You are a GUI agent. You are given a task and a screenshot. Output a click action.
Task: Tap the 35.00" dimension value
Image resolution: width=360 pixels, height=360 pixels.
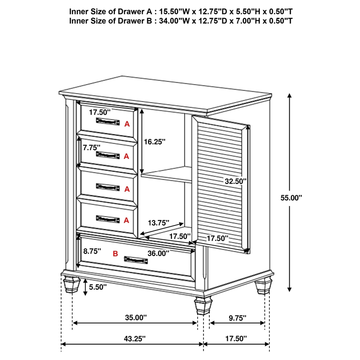136,318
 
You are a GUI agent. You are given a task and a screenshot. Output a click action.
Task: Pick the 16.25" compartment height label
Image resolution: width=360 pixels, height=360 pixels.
155,141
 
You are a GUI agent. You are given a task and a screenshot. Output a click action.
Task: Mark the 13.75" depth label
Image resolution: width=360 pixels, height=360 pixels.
158,222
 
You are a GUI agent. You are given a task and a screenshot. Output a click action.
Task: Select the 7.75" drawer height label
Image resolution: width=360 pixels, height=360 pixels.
91,147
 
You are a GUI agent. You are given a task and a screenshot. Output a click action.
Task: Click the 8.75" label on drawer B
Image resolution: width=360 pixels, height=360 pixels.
91,251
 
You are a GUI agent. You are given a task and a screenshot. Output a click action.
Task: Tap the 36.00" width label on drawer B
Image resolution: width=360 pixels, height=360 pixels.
158,253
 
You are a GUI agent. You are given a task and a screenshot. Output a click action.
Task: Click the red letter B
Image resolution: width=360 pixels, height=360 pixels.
115,254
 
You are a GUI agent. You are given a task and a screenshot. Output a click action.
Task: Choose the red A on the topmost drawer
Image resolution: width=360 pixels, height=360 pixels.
127,124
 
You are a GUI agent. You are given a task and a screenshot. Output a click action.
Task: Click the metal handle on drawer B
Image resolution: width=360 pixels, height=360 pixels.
135,260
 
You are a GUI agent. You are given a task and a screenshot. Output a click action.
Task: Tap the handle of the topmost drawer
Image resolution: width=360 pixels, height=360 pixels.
108,121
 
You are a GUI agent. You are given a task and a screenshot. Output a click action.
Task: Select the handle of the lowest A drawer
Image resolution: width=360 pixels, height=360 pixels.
108,219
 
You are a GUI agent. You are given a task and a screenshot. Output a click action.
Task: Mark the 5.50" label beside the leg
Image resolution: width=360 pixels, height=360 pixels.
98,287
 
